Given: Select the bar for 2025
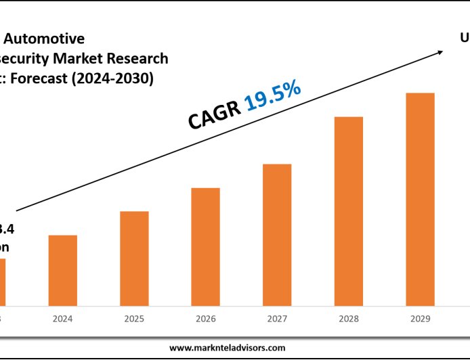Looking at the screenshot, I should (x=134, y=258).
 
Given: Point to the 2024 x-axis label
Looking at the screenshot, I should (x=62, y=317).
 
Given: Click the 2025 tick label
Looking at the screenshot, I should (x=134, y=317).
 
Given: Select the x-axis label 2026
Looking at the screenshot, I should (x=205, y=317).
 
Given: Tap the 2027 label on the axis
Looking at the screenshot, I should (x=277, y=317).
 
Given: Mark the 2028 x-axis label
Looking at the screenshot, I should (x=349, y=317).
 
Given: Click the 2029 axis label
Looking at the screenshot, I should (x=420, y=317).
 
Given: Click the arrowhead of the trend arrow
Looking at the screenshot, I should (x=441, y=52).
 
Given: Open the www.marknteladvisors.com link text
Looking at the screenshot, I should (x=227, y=347).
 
